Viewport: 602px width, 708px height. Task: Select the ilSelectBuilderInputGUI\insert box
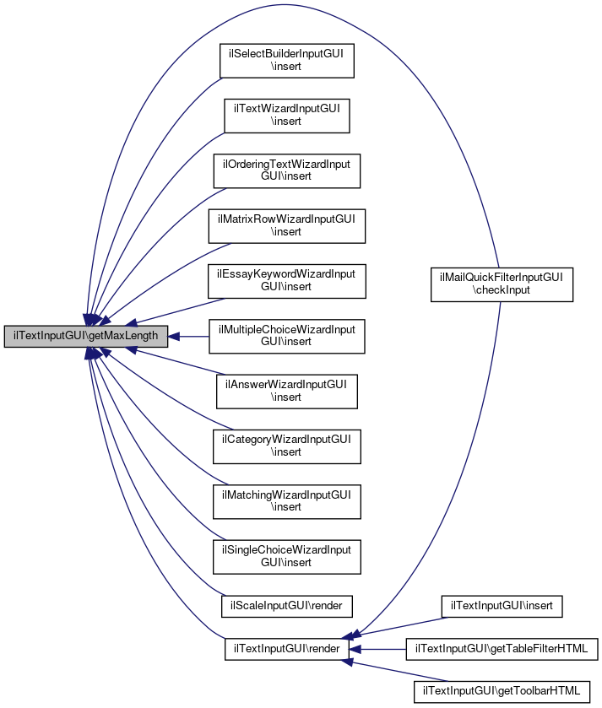pyautogui.click(x=286, y=60)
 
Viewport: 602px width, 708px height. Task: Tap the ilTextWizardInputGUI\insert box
pyautogui.click(x=286, y=115)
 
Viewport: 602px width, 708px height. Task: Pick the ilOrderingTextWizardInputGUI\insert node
pyautogui.click(x=286, y=170)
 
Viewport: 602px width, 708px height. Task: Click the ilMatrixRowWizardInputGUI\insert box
pyautogui.click(x=286, y=225)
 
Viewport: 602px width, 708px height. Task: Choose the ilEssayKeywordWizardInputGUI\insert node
pyautogui.click(x=286, y=280)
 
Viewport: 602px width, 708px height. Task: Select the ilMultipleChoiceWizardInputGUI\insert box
pyautogui.click(x=286, y=336)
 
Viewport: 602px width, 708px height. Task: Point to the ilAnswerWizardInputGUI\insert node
pyautogui.click(x=286, y=391)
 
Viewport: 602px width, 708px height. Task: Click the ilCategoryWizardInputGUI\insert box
pyautogui.click(x=286, y=446)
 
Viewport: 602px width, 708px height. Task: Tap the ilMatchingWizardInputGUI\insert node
pyautogui.click(x=286, y=501)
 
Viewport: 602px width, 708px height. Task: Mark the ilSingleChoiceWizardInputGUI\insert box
pyautogui.click(x=286, y=556)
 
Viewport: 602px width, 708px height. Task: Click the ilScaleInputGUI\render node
pyautogui.click(x=286, y=605)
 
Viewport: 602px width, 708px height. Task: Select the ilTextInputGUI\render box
pyautogui.click(x=286, y=649)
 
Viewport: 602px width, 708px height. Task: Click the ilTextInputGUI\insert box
pyautogui.click(x=502, y=605)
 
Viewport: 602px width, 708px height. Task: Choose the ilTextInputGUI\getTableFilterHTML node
pyautogui.click(x=502, y=649)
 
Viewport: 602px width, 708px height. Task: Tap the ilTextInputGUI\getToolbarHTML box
pyautogui.click(x=502, y=692)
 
